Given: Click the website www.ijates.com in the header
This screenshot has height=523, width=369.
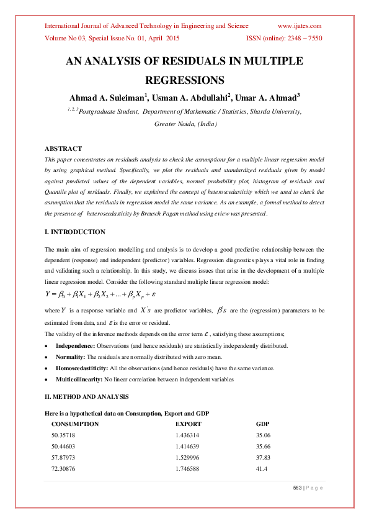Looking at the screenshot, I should pos(300,26).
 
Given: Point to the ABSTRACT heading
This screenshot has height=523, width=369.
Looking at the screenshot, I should pos(63,148).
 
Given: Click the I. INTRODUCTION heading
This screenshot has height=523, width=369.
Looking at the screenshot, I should pos(75,232).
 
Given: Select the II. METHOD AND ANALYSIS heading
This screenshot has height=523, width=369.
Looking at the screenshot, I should pos(86,396).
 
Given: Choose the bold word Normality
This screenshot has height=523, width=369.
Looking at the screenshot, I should pos(70,357).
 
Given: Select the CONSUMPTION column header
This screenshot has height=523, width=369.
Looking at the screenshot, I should pos(75,424).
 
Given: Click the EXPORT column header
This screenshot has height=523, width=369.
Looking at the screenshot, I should pos(189,424).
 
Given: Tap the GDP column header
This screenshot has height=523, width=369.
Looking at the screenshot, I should pos(263,424).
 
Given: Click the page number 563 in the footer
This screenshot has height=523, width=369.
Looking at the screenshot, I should pos(298,488).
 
